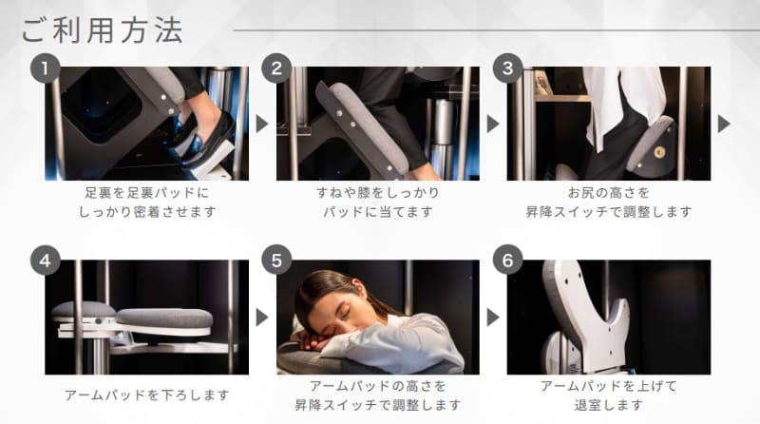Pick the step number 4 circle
click(44, 260)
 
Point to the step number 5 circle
click(276, 260)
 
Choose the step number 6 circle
click(508, 260)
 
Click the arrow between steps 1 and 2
click(262, 124)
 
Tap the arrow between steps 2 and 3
click(493, 124)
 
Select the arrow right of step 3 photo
click(724, 124)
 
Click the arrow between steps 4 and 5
click(262, 317)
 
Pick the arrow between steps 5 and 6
click(493, 317)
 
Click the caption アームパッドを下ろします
click(146, 394)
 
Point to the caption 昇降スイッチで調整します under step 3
click(608, 211)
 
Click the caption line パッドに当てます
click(377, 211)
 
